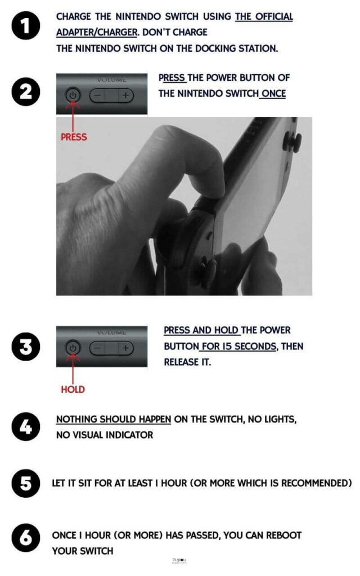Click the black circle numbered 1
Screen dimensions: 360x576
click(26, 25)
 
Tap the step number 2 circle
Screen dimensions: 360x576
click(26, 92)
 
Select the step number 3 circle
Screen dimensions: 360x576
click(26, 346)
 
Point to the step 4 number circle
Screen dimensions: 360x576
click(26, 426)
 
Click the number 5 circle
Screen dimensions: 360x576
click(26, 483)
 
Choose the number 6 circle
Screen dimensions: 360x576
click(26, 538)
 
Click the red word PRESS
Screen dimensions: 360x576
click(74, 137)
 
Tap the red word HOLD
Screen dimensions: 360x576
click(73, 389)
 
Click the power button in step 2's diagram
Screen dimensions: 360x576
click(73, 95)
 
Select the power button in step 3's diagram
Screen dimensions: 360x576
click(73, 348)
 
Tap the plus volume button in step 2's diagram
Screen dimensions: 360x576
click(126, 96)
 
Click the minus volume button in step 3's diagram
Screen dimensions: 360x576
click(98, 348)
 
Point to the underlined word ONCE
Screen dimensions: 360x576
click(273, 94)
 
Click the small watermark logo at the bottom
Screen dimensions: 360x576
click(179, 561)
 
